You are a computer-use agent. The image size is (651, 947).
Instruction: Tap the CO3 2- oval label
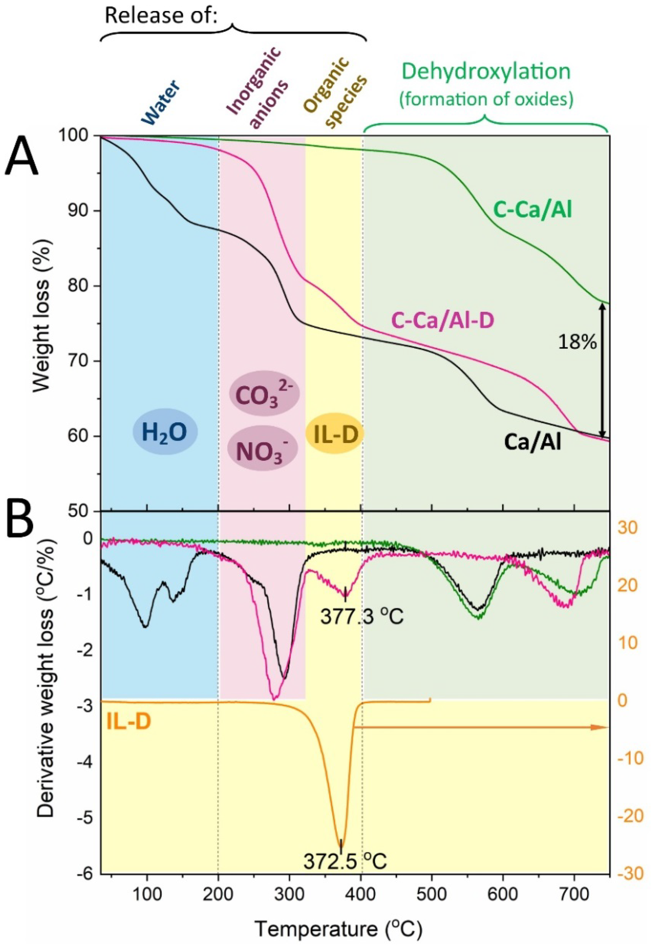pos(264,393)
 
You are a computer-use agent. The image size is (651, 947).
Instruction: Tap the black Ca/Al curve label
pos(532,441)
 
